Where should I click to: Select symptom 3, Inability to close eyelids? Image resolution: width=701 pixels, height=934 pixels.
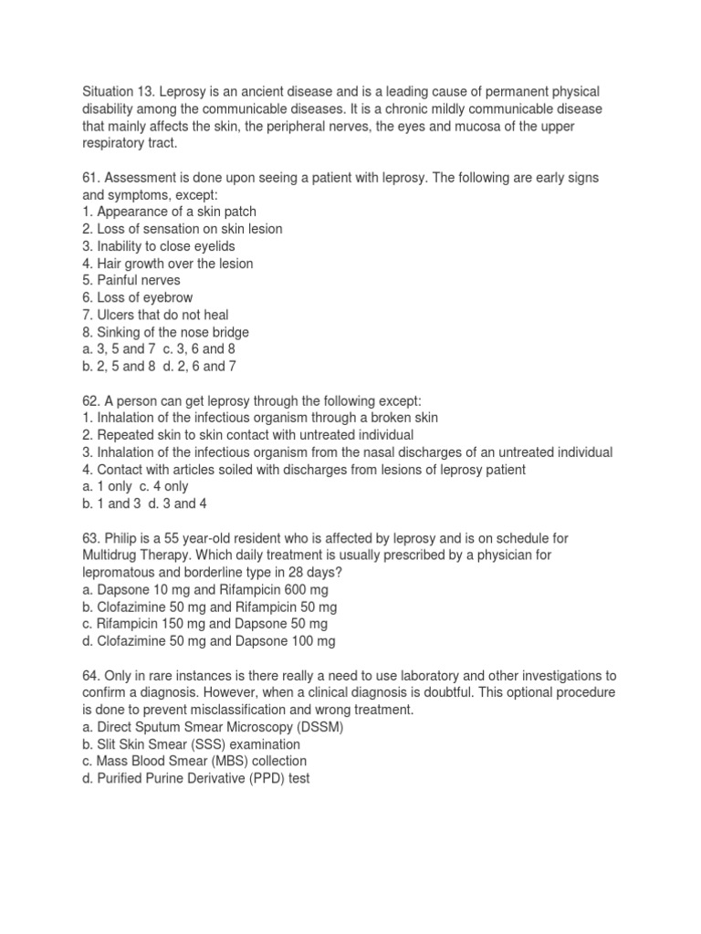point(152,246)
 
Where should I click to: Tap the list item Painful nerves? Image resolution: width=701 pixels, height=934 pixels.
point(131,281)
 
